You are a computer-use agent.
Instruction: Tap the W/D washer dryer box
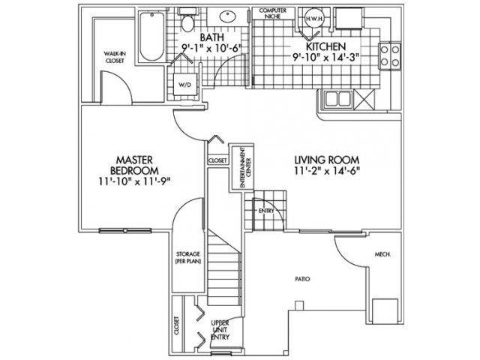pyautogui.click(x=184, y=85)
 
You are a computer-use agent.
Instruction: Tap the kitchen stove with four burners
pyautogui.click(x=388, y=55)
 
